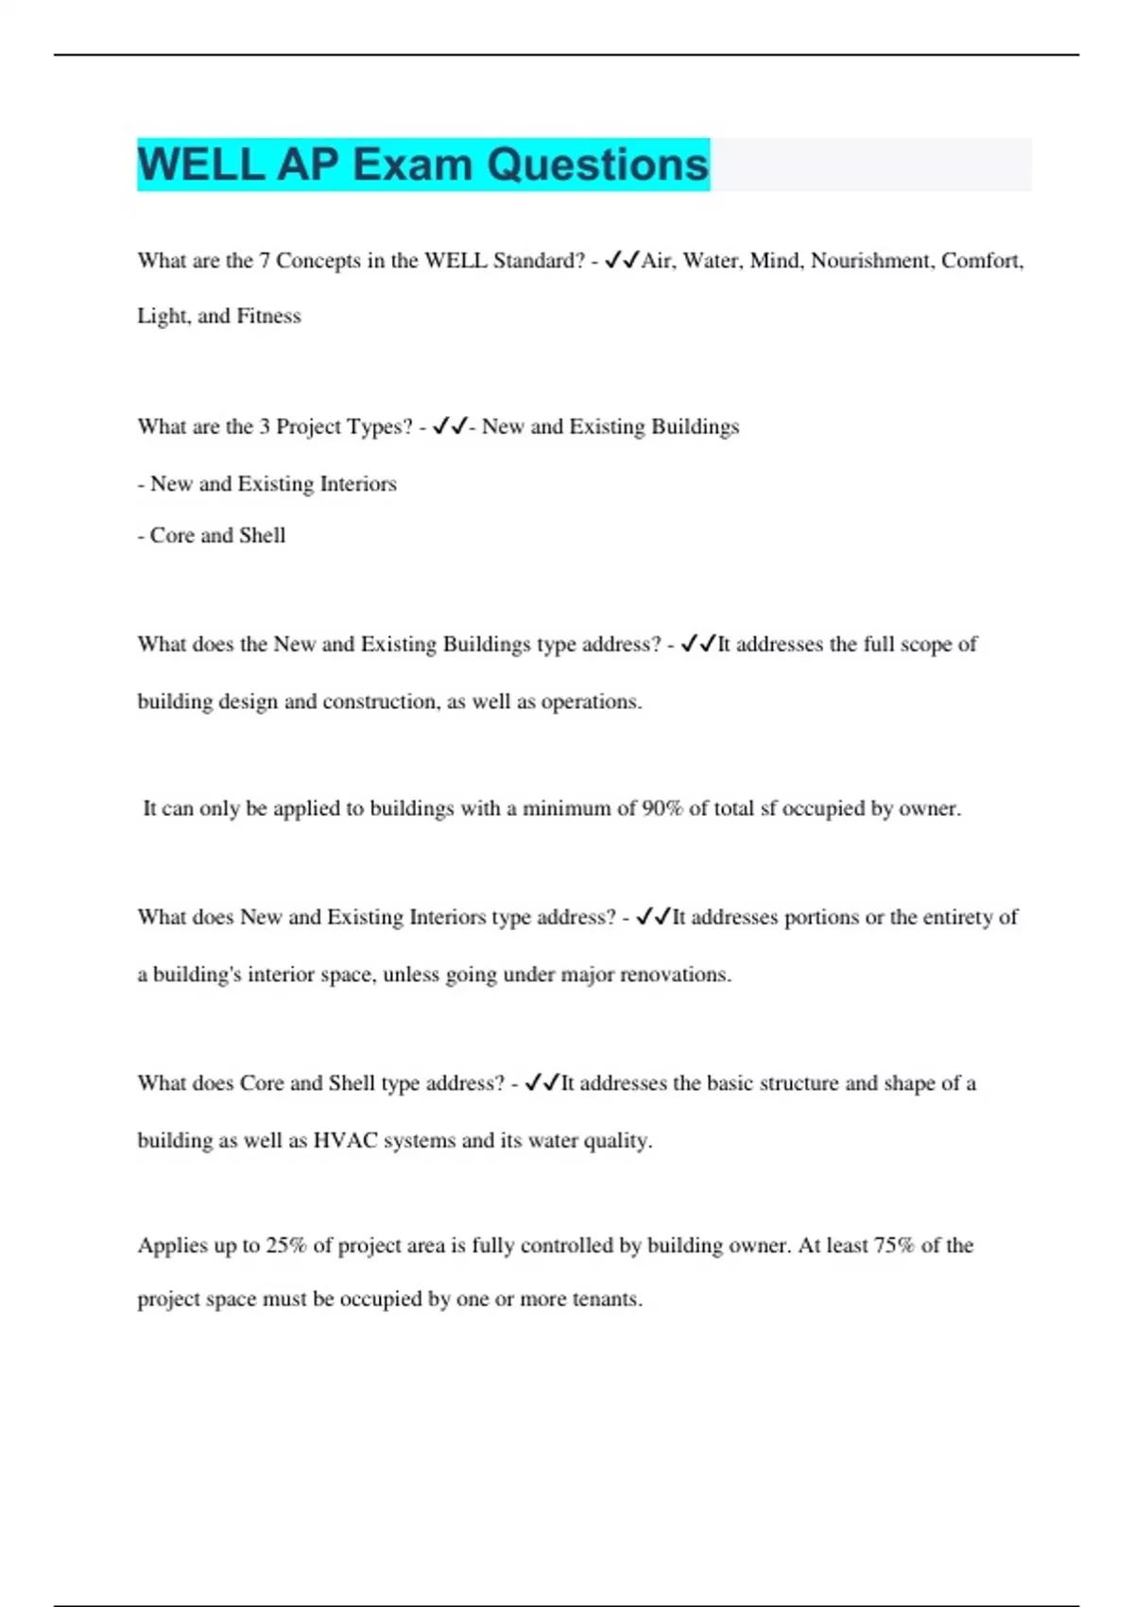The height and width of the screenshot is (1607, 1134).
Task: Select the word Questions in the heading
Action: point(597,164)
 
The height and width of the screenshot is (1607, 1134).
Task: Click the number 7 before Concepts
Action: point(265,261)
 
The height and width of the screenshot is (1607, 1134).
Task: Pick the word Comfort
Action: point(982,261)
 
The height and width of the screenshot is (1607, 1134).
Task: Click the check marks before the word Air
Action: point(622,260)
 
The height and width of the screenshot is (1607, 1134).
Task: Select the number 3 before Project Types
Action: point(265,427)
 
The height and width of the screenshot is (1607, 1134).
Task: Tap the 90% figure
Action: point(661,809)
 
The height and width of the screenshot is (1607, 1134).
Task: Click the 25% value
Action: point(285,1246)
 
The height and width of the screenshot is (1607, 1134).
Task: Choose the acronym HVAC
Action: point(344,1141)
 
